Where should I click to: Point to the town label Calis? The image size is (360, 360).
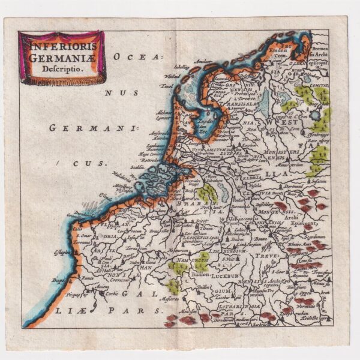76,228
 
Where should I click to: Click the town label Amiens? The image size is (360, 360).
100,286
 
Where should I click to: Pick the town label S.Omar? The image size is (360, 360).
81,235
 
